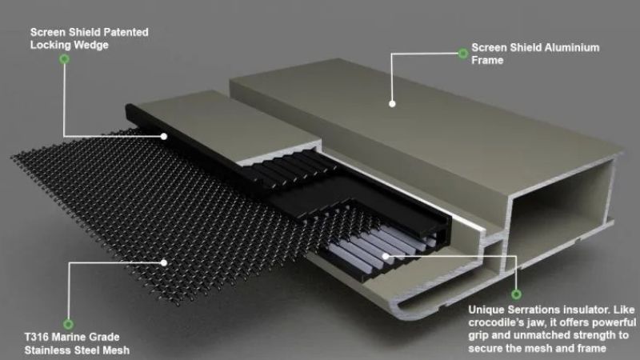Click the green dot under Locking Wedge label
click(x=64, y=59)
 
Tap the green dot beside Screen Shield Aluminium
click(x=463, y=54)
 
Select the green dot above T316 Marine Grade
click(x=68, y=324)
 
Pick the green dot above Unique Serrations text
click(x=516, y=294)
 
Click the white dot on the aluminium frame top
click(x=392, y=104)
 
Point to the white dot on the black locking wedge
click(x=164, y=136)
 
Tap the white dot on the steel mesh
click(x=164, y=263)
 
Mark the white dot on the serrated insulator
click(x=386, y=256)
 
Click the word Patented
click(x=126, y=32)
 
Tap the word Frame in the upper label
click(x=487, y=61)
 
